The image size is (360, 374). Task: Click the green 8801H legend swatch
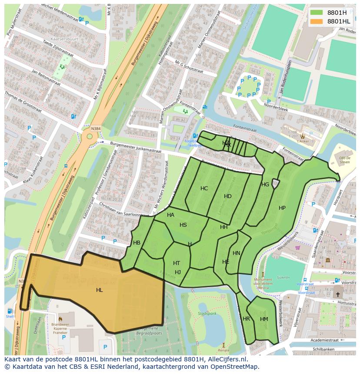pos(317,13)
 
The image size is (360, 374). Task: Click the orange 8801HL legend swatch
pos(317,21)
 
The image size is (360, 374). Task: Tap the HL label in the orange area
pos(100,290)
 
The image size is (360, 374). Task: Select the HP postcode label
pos(282,208)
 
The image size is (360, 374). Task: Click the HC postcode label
pos(204,189)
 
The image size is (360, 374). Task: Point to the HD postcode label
pos(228,196)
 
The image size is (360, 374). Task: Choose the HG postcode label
pos(265,185)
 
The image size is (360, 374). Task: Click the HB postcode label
pos(137,243)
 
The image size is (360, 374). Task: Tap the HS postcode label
pos(183,225)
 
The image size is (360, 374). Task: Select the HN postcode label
pos(237,253)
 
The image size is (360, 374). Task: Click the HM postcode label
pos(264,319)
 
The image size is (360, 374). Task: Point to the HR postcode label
pos(247,319)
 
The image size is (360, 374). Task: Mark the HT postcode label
pos(177,263)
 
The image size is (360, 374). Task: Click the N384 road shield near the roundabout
pos(96,129)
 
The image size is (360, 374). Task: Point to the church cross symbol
pos(338,294)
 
